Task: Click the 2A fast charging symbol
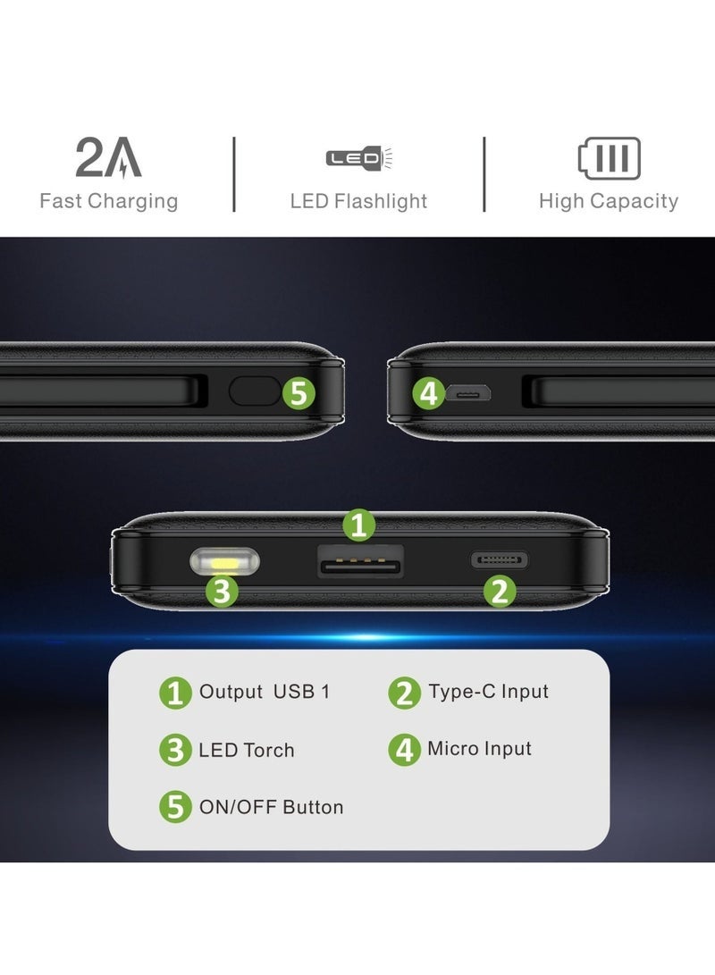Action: pos(108,159)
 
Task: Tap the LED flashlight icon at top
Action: pos(359,159)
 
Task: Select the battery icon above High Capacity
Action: pos(609,160)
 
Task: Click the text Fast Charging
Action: pos(108,201)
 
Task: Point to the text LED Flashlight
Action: pos(358,201)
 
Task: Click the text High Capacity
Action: pos(608,201)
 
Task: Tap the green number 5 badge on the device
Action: pos(299,392)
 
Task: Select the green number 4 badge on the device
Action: pos(429,393)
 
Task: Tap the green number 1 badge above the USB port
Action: pos(358,525)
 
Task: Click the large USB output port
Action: pos(360,562)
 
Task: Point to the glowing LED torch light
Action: pos(223,563)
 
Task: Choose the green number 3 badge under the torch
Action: pos(222,591)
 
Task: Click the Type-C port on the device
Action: pos(499,560)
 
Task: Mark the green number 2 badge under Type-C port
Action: pos(500,591)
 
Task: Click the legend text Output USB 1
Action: pos(264,692)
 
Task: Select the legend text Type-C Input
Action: pos(488,691)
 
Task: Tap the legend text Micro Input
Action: pos(479,749)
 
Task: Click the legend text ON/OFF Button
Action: pos(271,807)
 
